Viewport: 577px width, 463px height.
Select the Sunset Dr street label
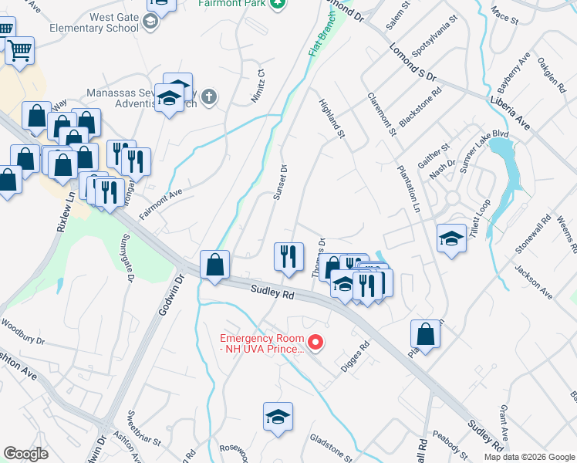(x=280, y=183)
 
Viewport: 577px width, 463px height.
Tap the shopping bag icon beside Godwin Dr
(x=215, y=264)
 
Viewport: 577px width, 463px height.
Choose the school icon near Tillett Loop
(x=451, y=238)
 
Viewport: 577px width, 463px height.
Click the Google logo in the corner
(x=25, y=453)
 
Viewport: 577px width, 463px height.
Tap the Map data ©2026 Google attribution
(x=529, y=456)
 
